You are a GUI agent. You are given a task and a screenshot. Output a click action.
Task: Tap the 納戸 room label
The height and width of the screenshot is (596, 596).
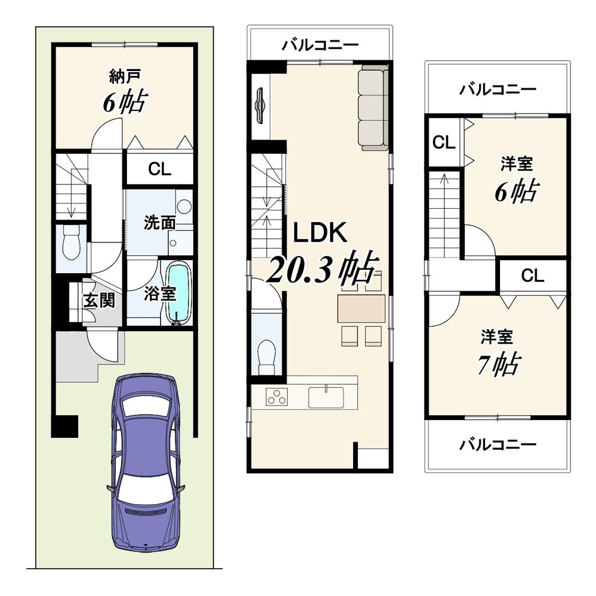pos(125,76)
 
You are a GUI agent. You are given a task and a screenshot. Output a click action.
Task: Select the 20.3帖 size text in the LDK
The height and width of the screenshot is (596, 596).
pos(323,269)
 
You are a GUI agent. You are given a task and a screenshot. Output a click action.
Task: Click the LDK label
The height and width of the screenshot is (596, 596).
pos(319,233)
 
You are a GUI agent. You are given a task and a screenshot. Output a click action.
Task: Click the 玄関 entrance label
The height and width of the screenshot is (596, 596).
pos(98,300)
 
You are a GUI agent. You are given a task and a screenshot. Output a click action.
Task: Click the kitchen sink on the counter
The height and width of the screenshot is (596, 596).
pos(326,396)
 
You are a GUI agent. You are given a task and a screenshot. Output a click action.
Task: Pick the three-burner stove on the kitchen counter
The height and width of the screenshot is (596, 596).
pos(276,396)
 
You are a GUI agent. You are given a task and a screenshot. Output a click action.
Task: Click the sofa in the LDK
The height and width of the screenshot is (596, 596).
pos(373,107)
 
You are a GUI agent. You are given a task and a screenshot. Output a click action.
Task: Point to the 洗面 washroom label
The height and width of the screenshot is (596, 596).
pos(159,223)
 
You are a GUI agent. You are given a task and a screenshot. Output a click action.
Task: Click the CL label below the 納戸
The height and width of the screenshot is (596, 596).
pos(159,169)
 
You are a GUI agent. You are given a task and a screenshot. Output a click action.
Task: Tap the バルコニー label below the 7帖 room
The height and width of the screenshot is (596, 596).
pos(498,444)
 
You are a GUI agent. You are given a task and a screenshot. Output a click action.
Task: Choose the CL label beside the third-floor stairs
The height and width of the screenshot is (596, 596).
pos(444,142)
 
